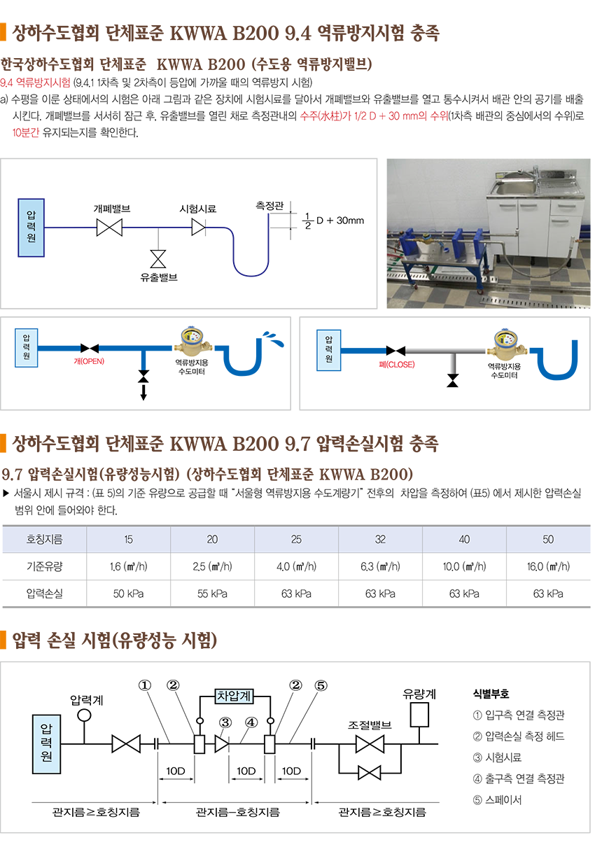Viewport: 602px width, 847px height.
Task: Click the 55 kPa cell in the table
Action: pyautogui.click(x=212, y=594)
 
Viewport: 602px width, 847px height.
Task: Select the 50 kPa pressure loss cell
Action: pyautogui.click(x=128, y=594)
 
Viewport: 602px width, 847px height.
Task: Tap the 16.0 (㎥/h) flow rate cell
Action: pyautogui.click(x=548, y=566)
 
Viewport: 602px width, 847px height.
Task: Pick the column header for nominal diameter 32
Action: pyautogui.click(x=380, y=540)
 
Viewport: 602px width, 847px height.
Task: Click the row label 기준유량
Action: pyautogui.click(x=45, y=566)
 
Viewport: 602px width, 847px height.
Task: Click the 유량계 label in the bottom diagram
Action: pyautogui.click(x=419, y=694)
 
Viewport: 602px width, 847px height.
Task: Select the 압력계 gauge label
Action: pyautogui.click(x=87, y=699)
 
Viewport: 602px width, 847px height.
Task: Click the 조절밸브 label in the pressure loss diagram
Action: pyautogui.click(x=369, y=725)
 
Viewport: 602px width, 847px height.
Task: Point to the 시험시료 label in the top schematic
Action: pyautogui.click(x=198, y=209)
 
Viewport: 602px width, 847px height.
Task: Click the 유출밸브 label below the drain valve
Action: pyautogui.click(x=158, y=278)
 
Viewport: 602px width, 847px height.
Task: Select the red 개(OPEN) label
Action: pyautogui.click(x=88, y=362)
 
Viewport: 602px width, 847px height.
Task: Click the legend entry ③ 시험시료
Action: pyautogui.click(x=497, y=757)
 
